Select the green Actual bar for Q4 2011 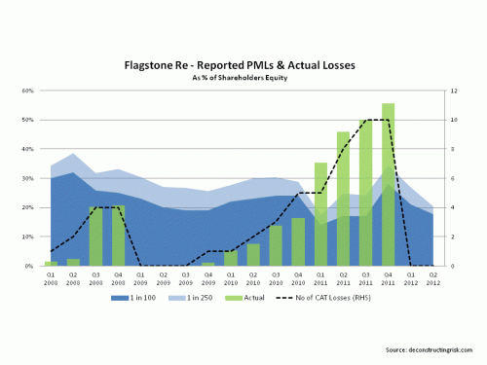(x=388, y=185)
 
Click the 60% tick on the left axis (x=27, y=91)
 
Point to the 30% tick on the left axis (x=27, y=178)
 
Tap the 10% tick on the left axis (x=27, y=237)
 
